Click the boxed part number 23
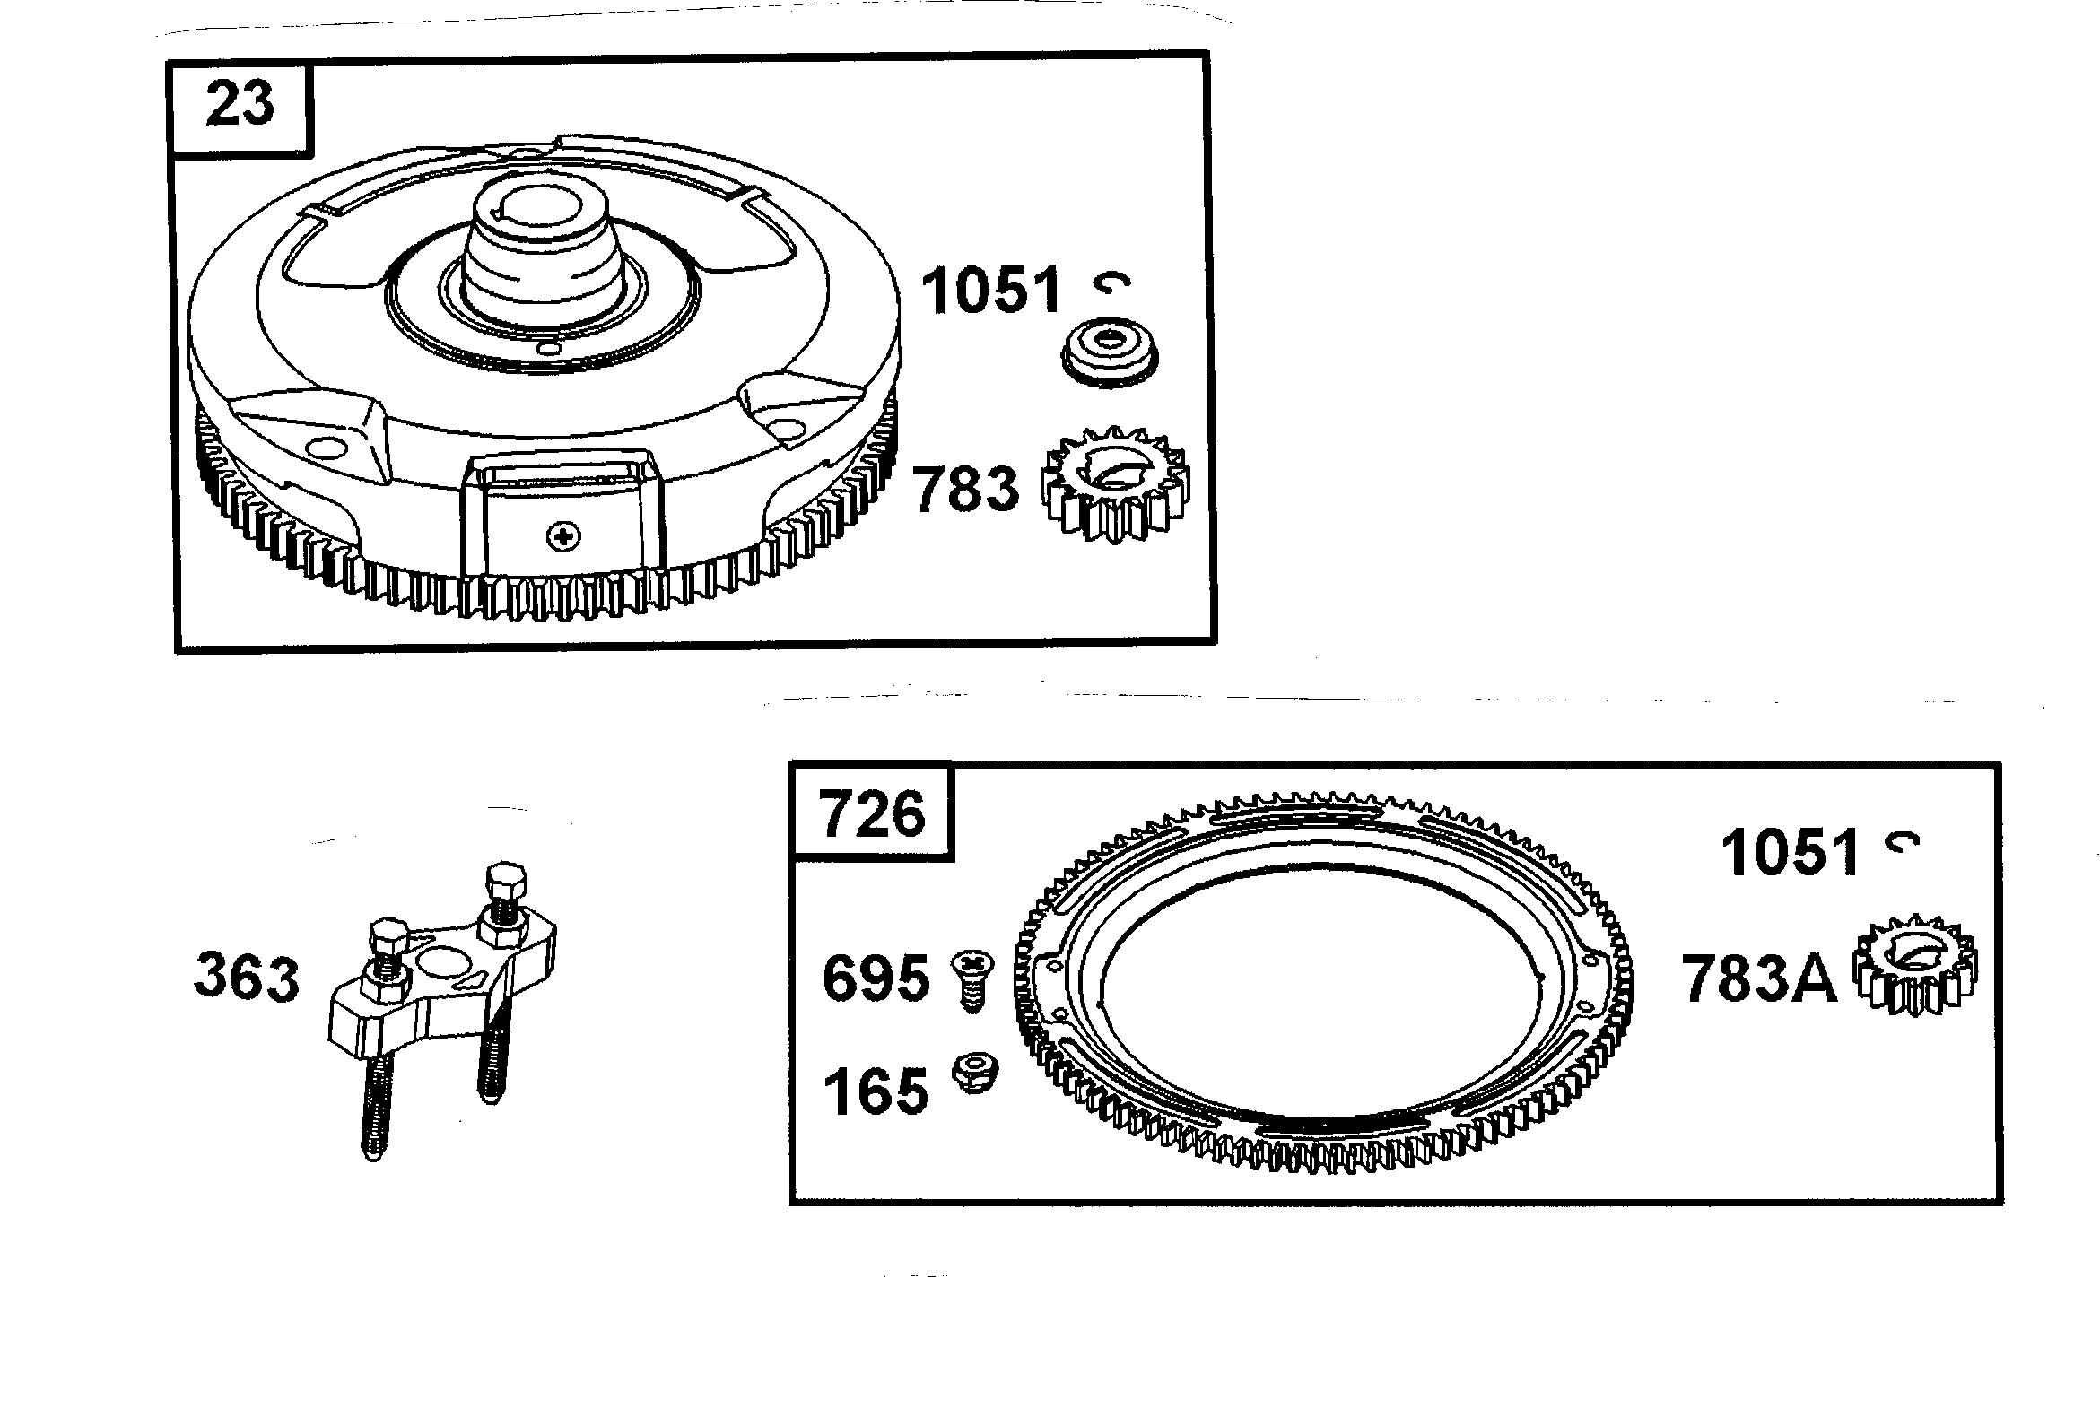click(x=240, y=104)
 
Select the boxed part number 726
click(x=872, y=813)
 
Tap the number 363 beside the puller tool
click(x=246, y=978)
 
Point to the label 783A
click(x=1758, y=979)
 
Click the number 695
click(x=876, y=978)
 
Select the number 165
click(x=876, y=1091)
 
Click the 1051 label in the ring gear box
click(x=1790, y=852)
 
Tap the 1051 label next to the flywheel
click(x=991, y=290)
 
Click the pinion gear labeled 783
click(x=1116, y=484)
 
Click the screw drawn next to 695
click(x=972, y=980)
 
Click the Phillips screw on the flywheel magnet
click(x=564, y=538)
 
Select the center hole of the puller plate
click(x=442, y=961)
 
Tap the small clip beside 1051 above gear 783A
click(x=1902, y=842)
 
